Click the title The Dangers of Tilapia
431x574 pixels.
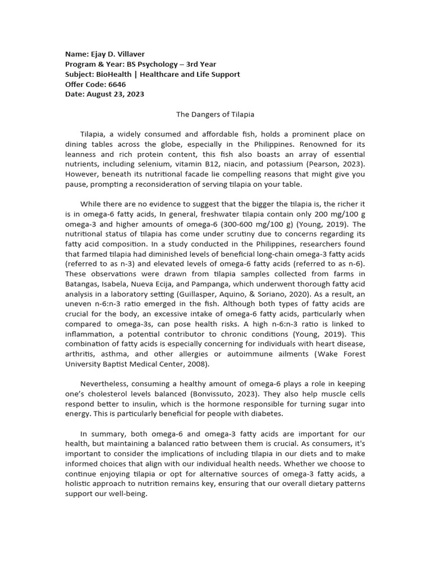pyautogui.click(x=215, y=114)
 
